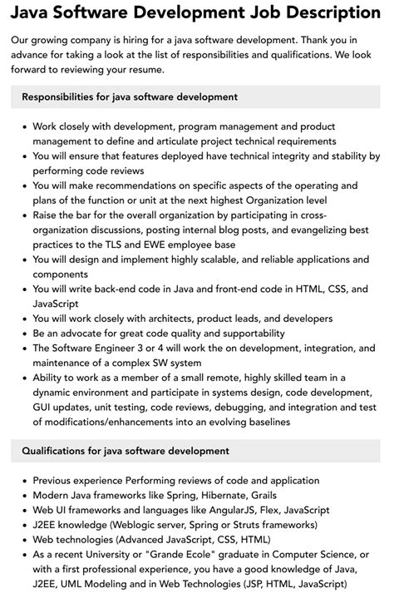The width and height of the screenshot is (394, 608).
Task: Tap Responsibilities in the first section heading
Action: (63, 97)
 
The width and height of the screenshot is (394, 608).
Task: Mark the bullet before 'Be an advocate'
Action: (22, 334)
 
